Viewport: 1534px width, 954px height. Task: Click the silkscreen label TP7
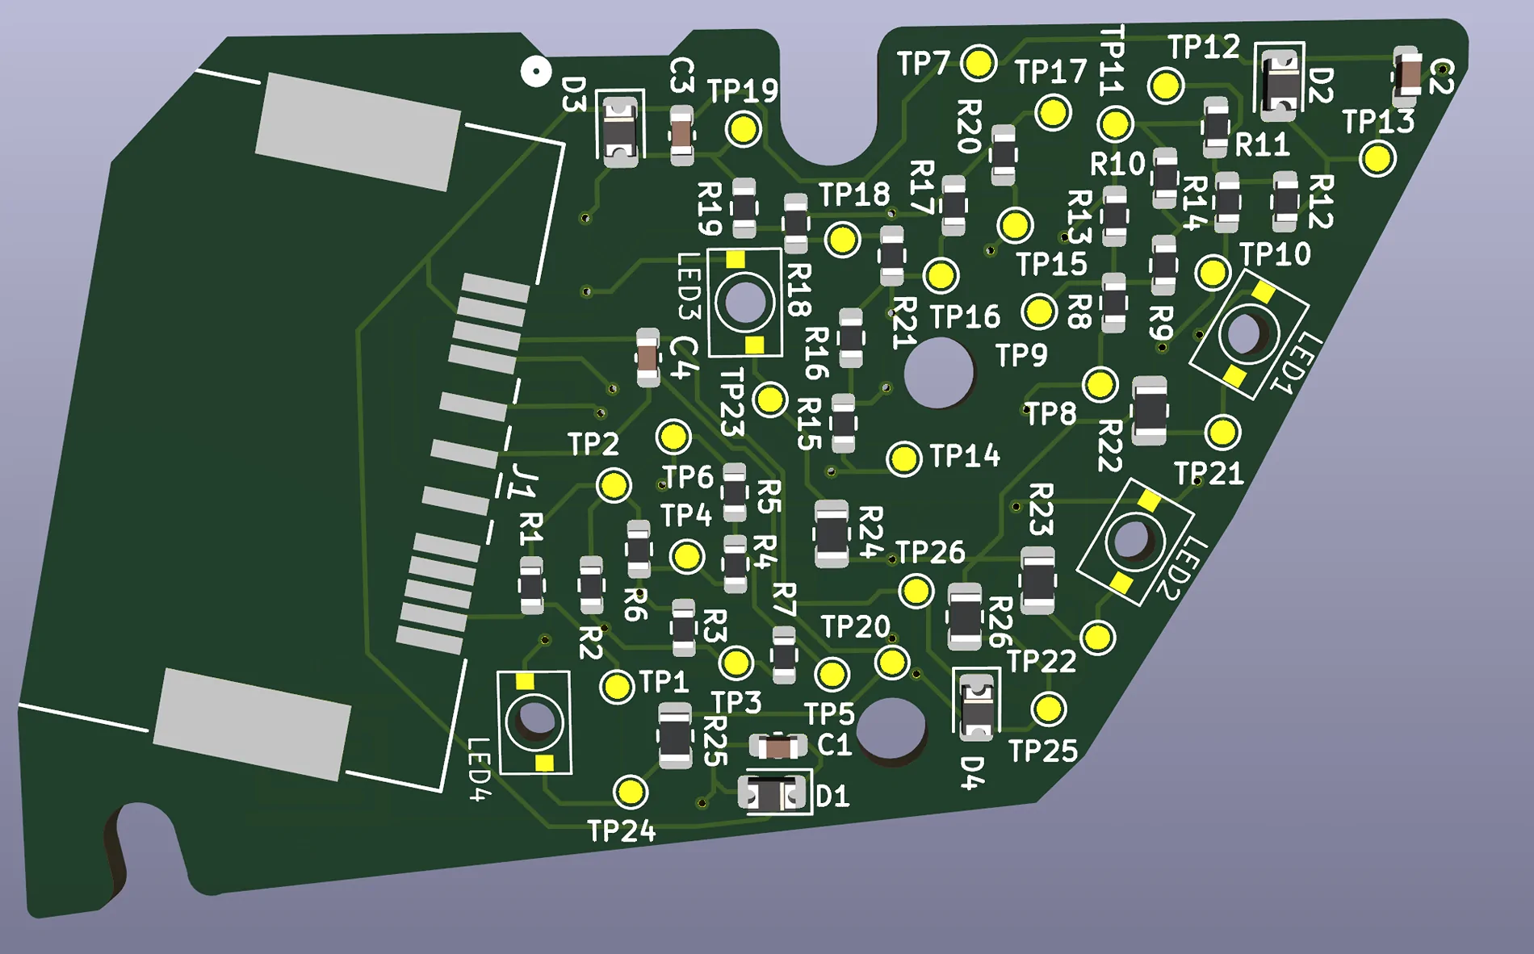pos(924,63)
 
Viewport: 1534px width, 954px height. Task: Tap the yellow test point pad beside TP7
pos(979,63)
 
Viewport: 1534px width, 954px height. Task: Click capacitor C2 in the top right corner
pos(1406,76)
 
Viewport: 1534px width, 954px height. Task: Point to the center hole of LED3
pos(744,302)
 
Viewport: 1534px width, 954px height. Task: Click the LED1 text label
pos(1296,362)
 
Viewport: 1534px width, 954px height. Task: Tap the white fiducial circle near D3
pos(535,71)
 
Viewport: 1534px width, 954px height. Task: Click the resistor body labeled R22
pos(1149,411)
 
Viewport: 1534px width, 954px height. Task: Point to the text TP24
pos(621,831)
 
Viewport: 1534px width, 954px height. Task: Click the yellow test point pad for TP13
pos(1377,158)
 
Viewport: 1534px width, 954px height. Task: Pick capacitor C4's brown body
pos(648,357)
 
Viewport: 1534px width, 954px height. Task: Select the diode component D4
pos(977,705)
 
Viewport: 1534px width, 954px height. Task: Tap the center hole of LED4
pos(534,720)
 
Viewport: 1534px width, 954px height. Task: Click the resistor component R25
pos(674,735)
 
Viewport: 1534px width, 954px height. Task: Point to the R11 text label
pos(1263,145)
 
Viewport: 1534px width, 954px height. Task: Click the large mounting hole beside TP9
pos(938,373)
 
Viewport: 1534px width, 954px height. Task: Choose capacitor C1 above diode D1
pos(777,747)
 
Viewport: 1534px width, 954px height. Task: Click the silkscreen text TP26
pos(930,552)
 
